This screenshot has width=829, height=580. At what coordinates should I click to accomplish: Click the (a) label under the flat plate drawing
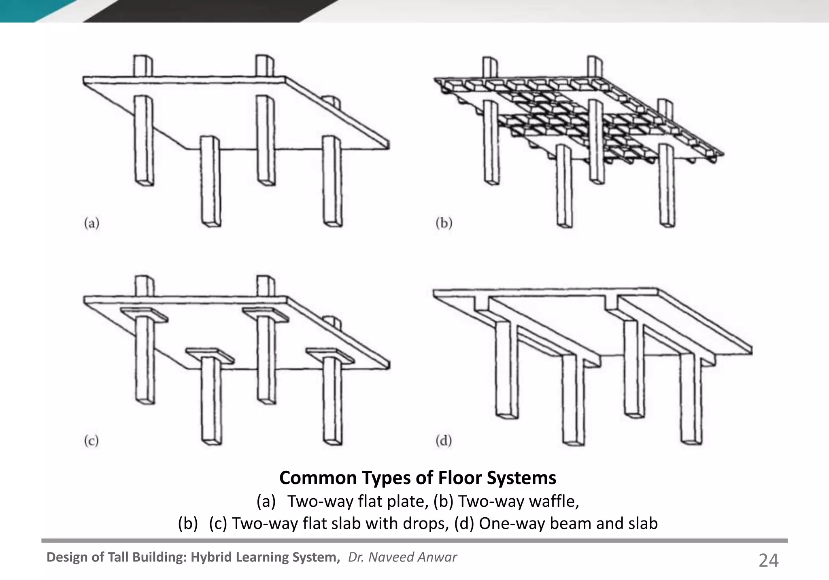click(91, 223)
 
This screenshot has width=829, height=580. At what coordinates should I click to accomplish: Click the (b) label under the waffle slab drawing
click(444, 223)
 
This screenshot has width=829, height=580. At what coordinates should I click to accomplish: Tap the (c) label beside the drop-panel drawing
click(91, 440)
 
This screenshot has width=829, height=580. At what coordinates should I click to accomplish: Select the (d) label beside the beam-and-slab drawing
click(444, 440)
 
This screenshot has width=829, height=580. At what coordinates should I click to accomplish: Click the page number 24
click(768, 561)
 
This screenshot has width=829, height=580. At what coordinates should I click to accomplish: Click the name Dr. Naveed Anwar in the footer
click(402, 557)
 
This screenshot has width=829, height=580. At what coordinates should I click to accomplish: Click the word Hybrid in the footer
click(212, 557)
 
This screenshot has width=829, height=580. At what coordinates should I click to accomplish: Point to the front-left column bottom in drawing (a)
click(212, 222)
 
